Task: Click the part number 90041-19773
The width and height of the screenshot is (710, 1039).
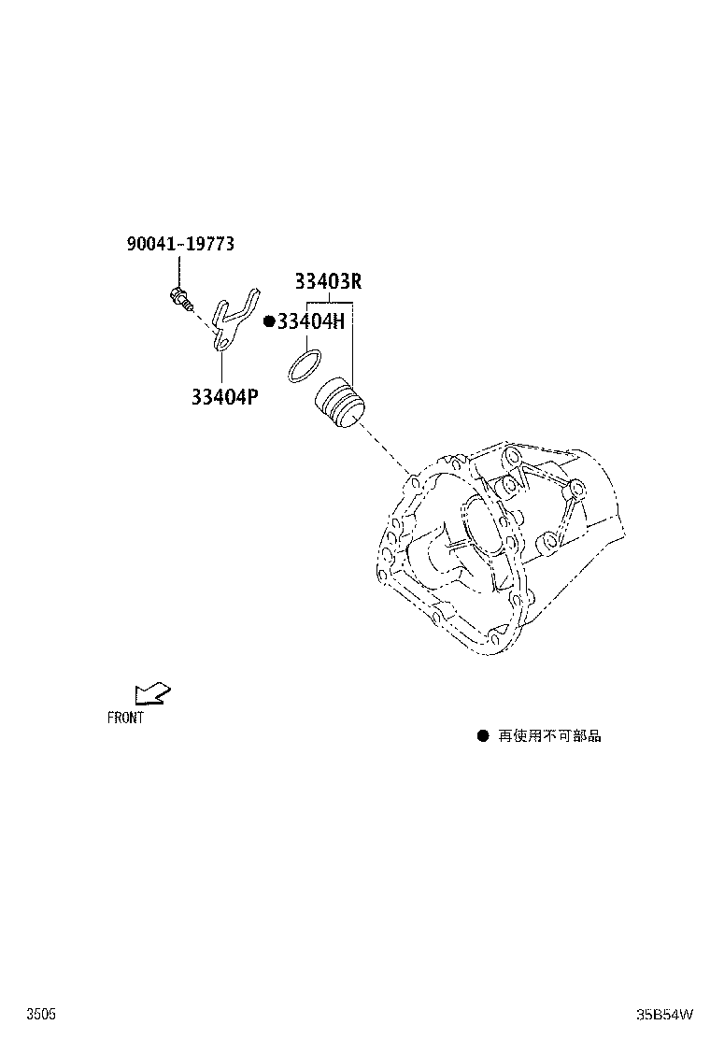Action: (180, 244)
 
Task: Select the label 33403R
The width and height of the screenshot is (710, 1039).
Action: (328, 281)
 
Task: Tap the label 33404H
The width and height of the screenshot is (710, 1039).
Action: (310, 321)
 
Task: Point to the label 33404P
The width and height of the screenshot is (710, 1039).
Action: (224, 397)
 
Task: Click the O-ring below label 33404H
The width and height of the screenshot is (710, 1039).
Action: (304, 365)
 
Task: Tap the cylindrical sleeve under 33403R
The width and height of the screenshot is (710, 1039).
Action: (339, 402)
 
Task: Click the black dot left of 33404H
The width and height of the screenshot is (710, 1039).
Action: (269, 321)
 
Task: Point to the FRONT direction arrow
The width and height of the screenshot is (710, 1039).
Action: (152, 693)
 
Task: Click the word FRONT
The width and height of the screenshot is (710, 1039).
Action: (125, 718)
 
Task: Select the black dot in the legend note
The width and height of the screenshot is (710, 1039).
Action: (483, 735)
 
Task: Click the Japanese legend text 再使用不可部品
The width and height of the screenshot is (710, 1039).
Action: (549, 735)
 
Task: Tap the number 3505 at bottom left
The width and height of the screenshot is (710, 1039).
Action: (41, 1015)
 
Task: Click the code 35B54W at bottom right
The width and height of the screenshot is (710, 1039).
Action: (665, 1015)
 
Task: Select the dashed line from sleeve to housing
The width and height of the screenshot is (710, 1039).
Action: (385, 450)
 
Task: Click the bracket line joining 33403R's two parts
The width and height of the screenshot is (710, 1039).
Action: (329, 302)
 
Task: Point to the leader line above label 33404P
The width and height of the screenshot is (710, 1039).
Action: (222, 368)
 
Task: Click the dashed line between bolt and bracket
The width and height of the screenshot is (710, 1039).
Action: (203, 318)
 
